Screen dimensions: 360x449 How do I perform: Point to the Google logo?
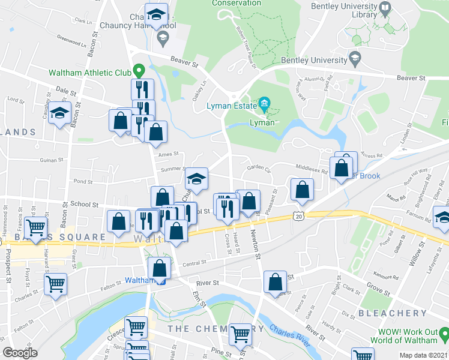click(x=20, y=353)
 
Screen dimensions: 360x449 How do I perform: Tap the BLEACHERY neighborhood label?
click(x=392, y=313)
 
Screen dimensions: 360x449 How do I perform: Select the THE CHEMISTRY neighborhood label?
click(x=215, y=329)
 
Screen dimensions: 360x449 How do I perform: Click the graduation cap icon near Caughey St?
click(x=59, y=113)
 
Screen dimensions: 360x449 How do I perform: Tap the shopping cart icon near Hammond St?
click(x=37, y=227)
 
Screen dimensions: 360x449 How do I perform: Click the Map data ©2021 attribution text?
click(x=423, y=355)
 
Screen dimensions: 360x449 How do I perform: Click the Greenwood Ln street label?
click(x=71, y=43)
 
